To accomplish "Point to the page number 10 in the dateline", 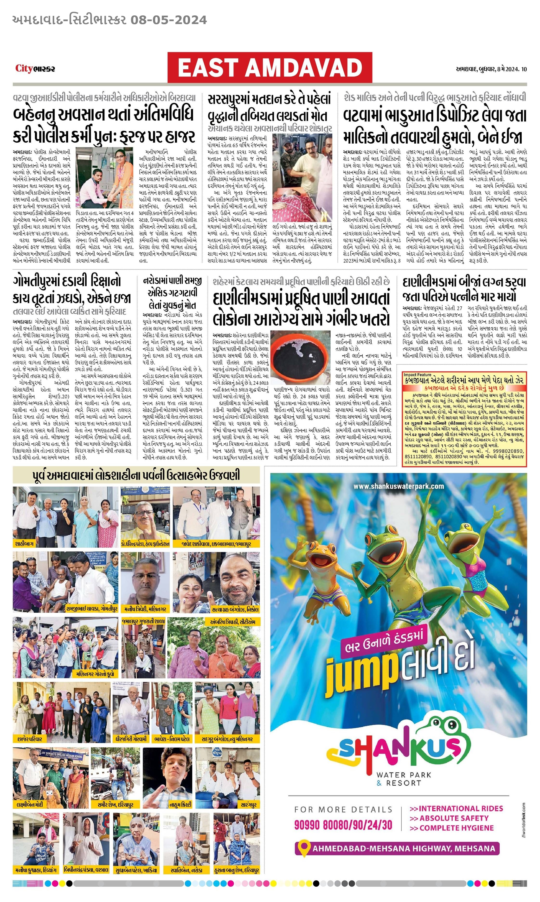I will (x=524, y=69).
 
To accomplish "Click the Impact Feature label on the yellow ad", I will (x=417, y=374).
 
